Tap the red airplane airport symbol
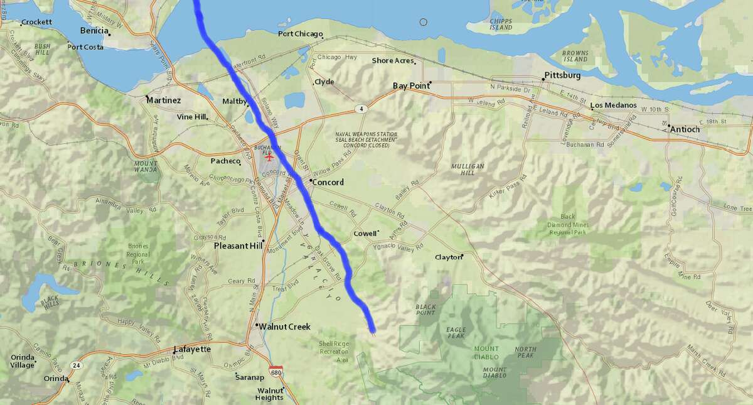[x=270, y=156]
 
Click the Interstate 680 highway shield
[x=275, y=372]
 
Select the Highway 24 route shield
[x=76, y=365]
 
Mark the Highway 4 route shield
[x=361, y=109]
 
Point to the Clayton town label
[x=448, y=257]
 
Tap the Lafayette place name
[x=192, y=349]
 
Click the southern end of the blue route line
[x=372, y=330]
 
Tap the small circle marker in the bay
[x=424, y=23]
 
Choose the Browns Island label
[x=575, y=56]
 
